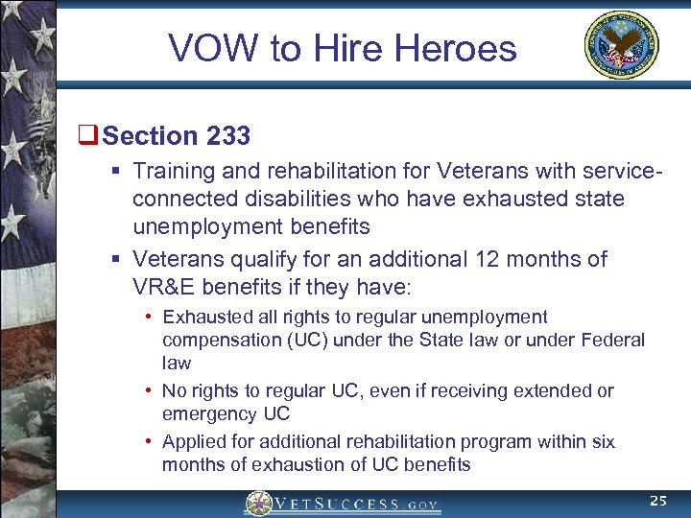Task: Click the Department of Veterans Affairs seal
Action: pos(621,45)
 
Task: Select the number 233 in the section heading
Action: pos(227,136)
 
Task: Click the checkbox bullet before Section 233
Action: pos(92,136)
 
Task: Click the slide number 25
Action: pos(658,501)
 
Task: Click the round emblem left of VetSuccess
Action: pos(258,504)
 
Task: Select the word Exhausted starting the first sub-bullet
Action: pos(205,318)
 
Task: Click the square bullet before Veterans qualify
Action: pos(114,259)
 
